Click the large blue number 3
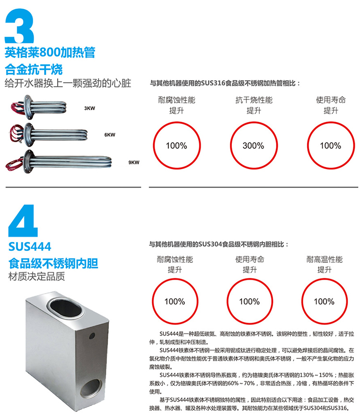(x=19, y=26)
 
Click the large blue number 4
(x=23, y=221)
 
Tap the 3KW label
(x=90, y=108)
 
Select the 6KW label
(x=110, y=135)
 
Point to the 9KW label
(x=134, y=162)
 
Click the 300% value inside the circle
(x=253, y=146)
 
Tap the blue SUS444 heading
(x=30, y=246)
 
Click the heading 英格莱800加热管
(x=50, y=52)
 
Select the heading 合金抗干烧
(x=34, y=70)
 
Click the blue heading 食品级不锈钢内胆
(x=53, y=263)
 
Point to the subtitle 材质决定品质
(x=36, y=276)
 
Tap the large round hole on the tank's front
(x=91, y=387)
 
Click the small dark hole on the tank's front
(x=92, y=335)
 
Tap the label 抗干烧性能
(x=254, y=100)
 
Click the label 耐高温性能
(x=324, y=259)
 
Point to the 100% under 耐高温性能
(x=324, y=301)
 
